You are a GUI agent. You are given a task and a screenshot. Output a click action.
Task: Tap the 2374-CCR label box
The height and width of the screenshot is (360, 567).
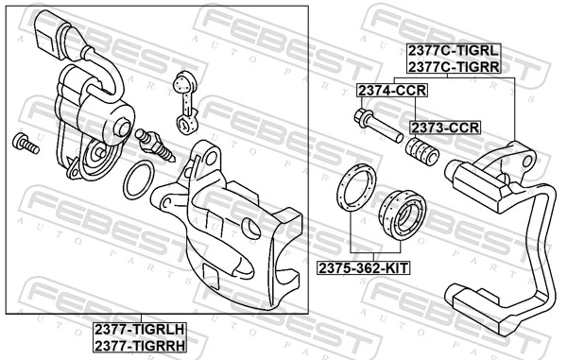pos(391,91)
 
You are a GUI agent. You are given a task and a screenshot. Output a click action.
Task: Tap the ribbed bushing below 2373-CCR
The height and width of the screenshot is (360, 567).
pos(418,152)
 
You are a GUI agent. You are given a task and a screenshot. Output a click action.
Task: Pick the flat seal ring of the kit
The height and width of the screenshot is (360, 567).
pos(355,186)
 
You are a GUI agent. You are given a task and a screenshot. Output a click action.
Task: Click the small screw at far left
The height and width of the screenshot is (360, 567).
pos(23,145)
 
